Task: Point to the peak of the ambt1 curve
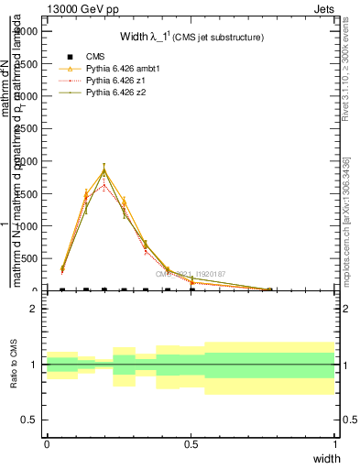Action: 104,169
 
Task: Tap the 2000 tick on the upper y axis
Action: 28,161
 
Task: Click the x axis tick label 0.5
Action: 191,443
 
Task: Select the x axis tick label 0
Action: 47,443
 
